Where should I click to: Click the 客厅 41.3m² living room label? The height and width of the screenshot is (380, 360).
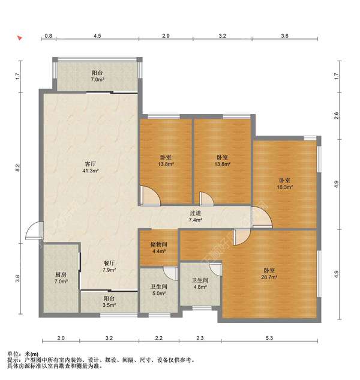point(90,167)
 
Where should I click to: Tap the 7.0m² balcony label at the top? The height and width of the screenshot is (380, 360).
point(97,76)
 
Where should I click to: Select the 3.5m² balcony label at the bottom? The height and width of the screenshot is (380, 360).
point(109,301)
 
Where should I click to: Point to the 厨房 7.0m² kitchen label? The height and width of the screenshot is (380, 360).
point(61,278)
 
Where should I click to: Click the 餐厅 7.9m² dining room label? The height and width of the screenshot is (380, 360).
point(109,266)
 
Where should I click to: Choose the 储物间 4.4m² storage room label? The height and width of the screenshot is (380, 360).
point(159,248)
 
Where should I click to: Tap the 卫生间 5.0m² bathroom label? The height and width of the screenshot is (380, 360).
point(159,290)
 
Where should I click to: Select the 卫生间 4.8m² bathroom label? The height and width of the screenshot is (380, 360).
point(200,283)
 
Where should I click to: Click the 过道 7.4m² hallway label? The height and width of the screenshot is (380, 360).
point(196,217)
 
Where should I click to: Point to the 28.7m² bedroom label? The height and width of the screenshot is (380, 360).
point(269,274)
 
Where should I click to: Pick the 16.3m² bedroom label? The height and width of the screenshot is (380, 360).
point(284,184)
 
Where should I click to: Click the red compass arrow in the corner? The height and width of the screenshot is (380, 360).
point(20,38)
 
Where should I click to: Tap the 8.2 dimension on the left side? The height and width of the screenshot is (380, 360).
point(17,167)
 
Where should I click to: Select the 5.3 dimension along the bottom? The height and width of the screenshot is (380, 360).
point(269,338)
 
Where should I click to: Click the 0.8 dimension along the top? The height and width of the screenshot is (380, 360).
point(49,36)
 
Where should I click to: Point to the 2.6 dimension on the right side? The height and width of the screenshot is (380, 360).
point(336,116)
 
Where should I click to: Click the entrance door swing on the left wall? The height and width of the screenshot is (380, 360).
point(34,231)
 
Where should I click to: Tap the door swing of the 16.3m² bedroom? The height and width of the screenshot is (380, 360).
point(262,217)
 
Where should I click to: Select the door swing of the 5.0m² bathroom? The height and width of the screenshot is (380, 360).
point(170,273)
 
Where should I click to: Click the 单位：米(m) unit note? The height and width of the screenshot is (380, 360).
point(23,354)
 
